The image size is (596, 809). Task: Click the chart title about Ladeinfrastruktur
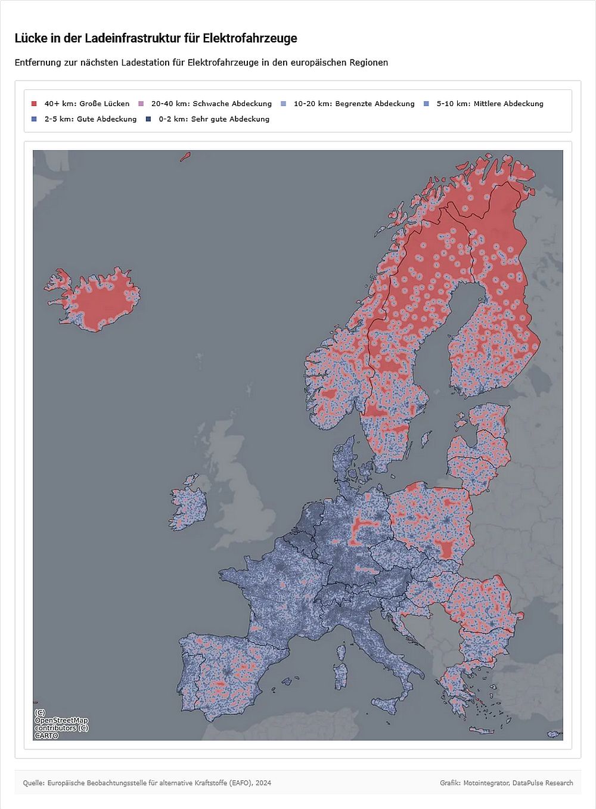click(x=156, y=38)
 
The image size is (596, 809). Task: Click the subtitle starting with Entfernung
click(x=201, y=63)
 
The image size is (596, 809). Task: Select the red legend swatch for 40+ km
click(x=34, y=104)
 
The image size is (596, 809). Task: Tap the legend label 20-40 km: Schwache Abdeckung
click(x=211, y=104)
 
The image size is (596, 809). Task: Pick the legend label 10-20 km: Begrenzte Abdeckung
click(x=353, y=104)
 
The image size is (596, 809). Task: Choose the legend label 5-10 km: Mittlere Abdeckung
click(x=489, y=104)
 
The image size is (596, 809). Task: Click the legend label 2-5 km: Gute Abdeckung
click(x=90, y=119)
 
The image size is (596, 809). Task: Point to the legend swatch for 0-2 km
click(x=148, y=119)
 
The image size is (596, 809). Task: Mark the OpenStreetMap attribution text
click(x=61, y=724)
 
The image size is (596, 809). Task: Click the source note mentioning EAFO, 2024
click(x=147, y=783)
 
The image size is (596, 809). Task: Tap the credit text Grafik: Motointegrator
click(x=506, y=783)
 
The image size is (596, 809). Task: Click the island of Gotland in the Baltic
click(x=426, y=440)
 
